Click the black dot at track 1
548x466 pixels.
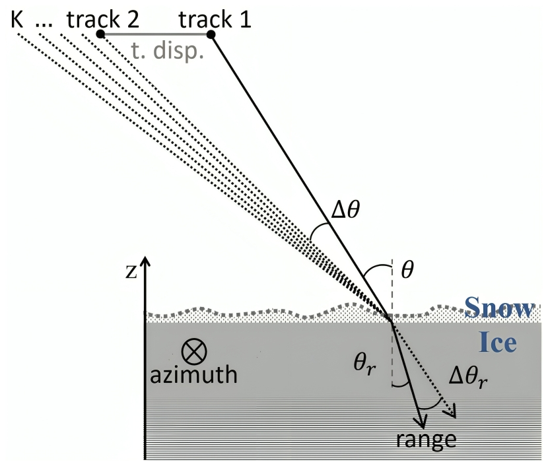211,34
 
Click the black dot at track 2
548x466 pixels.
100,34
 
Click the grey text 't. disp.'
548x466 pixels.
168,51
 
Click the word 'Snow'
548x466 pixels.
499,308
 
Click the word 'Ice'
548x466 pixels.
497,342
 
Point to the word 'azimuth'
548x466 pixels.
193,376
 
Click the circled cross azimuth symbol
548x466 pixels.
193,350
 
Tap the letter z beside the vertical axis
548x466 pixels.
131,271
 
